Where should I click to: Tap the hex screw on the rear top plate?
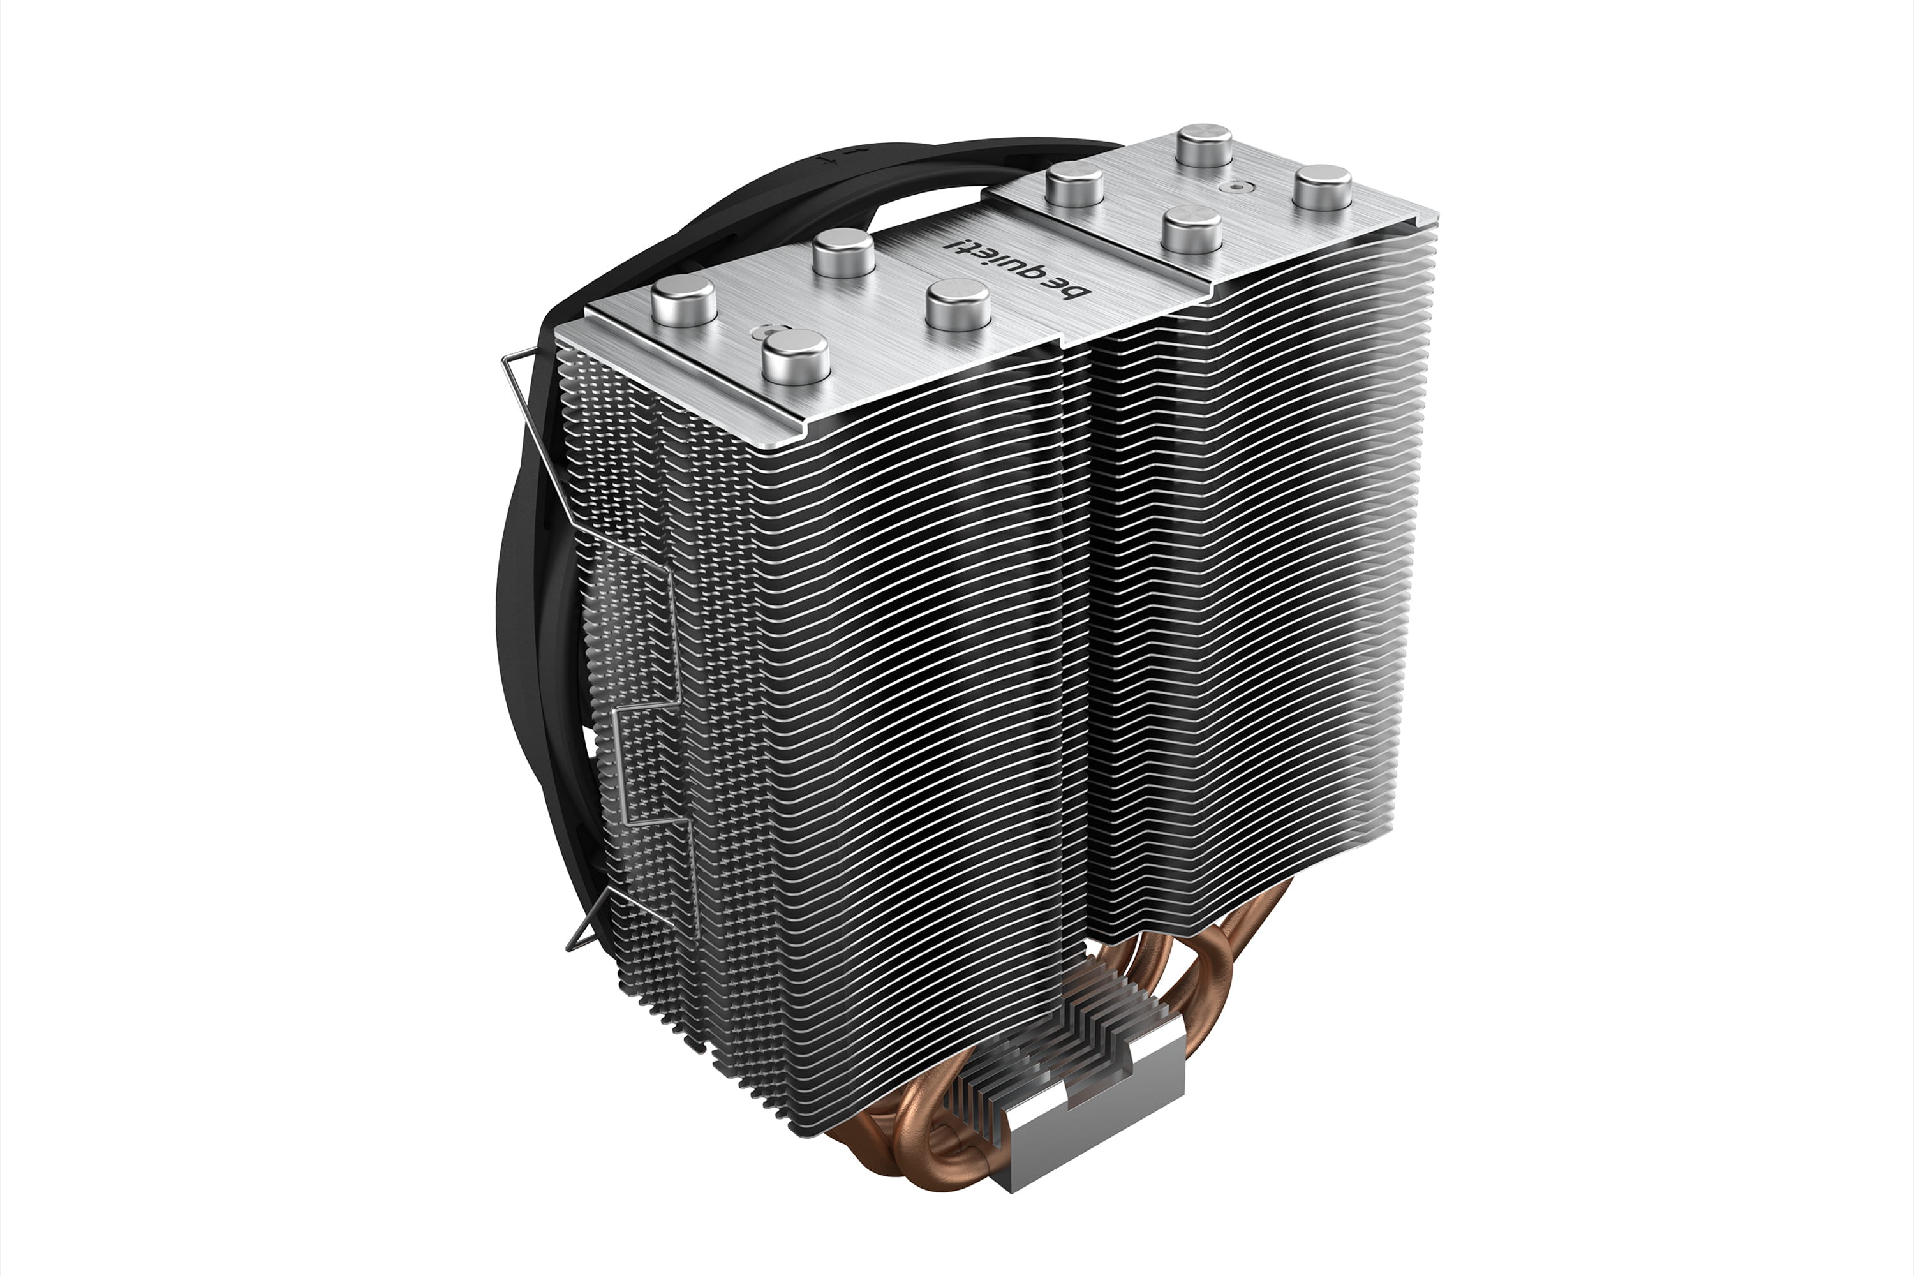tap(1237, 186)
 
